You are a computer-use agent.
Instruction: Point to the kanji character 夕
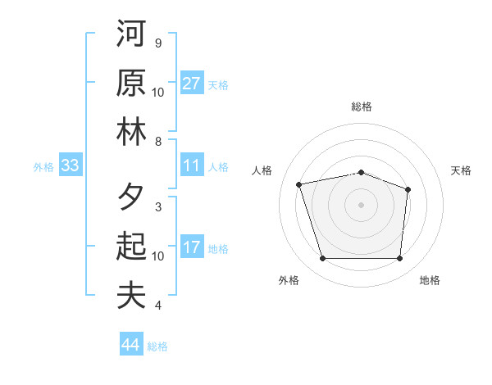click(131, 197)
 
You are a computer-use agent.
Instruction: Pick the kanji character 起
click(131, 246)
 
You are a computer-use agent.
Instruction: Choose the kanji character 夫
click(131, 295)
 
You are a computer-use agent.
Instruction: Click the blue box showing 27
click(191, 84)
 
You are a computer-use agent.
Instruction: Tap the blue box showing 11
click(191, 165)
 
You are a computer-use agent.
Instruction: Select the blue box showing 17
click(191, 247)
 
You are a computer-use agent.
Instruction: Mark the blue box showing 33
click(70, 165)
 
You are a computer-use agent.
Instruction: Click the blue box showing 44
click(130, 345)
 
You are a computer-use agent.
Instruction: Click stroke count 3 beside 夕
click(157, 206)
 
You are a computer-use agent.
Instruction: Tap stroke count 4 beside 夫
click(157, 306)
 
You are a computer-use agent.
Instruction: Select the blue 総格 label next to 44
click(157, 346)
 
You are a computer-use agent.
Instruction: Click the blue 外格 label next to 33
click(43, 167)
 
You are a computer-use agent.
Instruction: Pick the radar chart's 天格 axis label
click(461, 170)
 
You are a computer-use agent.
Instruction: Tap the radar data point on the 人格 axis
click(299, 184)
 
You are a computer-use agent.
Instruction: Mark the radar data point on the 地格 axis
click(399, 259)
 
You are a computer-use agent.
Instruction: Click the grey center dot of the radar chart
click(361, 204)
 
